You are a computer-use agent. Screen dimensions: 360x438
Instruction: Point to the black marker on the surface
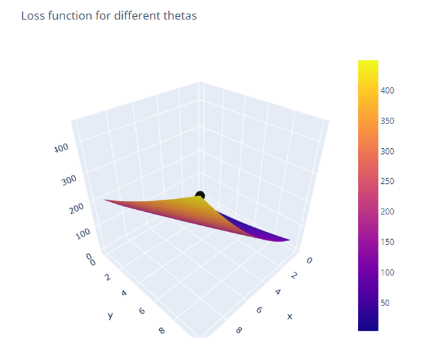coord(200,195)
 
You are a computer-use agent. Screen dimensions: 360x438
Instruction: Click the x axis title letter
coord(290,316)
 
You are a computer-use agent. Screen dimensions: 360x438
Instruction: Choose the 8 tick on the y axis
coord(161,331)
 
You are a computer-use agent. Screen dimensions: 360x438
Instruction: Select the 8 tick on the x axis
coord(240,330)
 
